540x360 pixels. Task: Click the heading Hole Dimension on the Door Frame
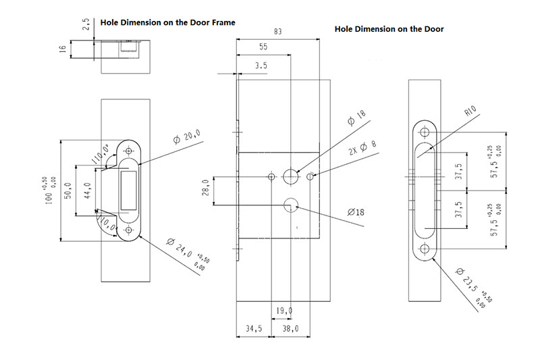point(167,22)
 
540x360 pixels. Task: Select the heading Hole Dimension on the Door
point(389,30)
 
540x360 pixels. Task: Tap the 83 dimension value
point(278,31)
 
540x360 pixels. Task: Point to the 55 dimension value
point(263,47)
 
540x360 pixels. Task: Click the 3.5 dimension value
point(260,66)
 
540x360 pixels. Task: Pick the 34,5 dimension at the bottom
point(253,329)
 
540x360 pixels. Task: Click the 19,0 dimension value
point(284,311)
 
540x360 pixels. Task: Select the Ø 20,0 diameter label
point(187,136)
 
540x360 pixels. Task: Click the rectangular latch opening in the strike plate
point(128,191)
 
